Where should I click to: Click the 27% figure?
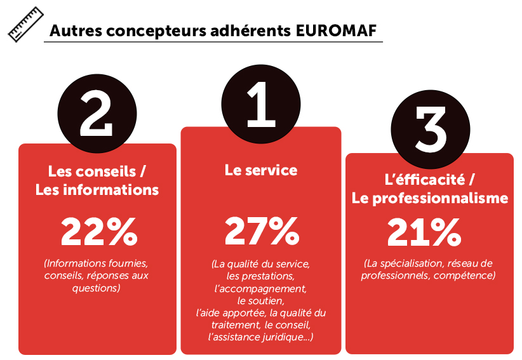tap(261, 232)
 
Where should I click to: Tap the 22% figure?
tap(98, 232)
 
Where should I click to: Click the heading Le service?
tap(261, 170)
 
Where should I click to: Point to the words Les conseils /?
tap(97, 171)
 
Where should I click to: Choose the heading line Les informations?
tap(97, 190)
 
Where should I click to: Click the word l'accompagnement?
tap(260, 288)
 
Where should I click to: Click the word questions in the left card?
tap(97, 288)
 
